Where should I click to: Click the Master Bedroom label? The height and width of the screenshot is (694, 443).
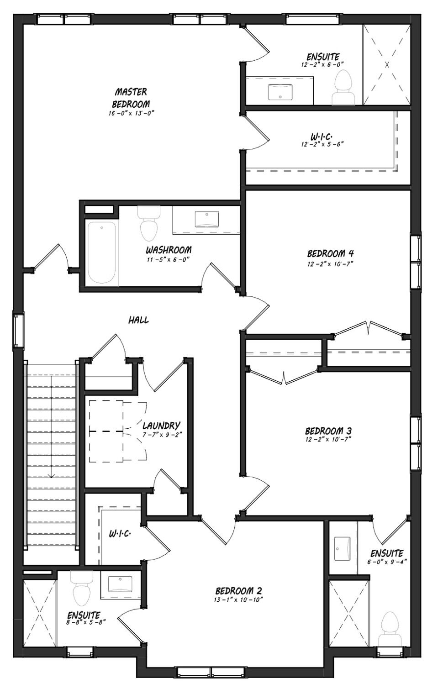(x=131, y=98)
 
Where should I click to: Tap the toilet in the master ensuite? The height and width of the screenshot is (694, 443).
(x=343, y=87)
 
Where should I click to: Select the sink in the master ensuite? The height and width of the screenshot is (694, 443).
(x=280, y=92)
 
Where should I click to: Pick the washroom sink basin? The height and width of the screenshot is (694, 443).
(x=207, y=219)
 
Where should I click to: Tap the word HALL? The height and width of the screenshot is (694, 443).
(x=138, y=320)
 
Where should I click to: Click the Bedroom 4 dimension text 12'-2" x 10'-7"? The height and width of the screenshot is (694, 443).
(x=331, y=264)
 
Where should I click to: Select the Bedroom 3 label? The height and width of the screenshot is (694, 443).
(x=328, y=431)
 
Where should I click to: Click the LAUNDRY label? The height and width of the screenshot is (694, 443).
(x=161, y=425)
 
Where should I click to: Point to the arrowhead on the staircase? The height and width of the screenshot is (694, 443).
(x=51, y=476)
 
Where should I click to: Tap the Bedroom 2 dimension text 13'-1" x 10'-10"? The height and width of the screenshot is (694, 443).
(x=238, y=599)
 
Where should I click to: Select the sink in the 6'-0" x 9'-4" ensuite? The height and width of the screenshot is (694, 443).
(x=342, y=548)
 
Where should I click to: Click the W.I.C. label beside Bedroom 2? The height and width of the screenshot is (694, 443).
(x=120, y=533)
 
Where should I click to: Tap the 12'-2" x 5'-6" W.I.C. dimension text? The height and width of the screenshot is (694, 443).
(x=322, y=144)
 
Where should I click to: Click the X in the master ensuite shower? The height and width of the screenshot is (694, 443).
(x=387, y=65)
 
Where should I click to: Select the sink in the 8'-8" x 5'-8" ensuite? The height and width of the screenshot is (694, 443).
(x=120, y=584)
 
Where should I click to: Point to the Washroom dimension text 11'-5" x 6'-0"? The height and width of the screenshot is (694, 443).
(x=168, y=259)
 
